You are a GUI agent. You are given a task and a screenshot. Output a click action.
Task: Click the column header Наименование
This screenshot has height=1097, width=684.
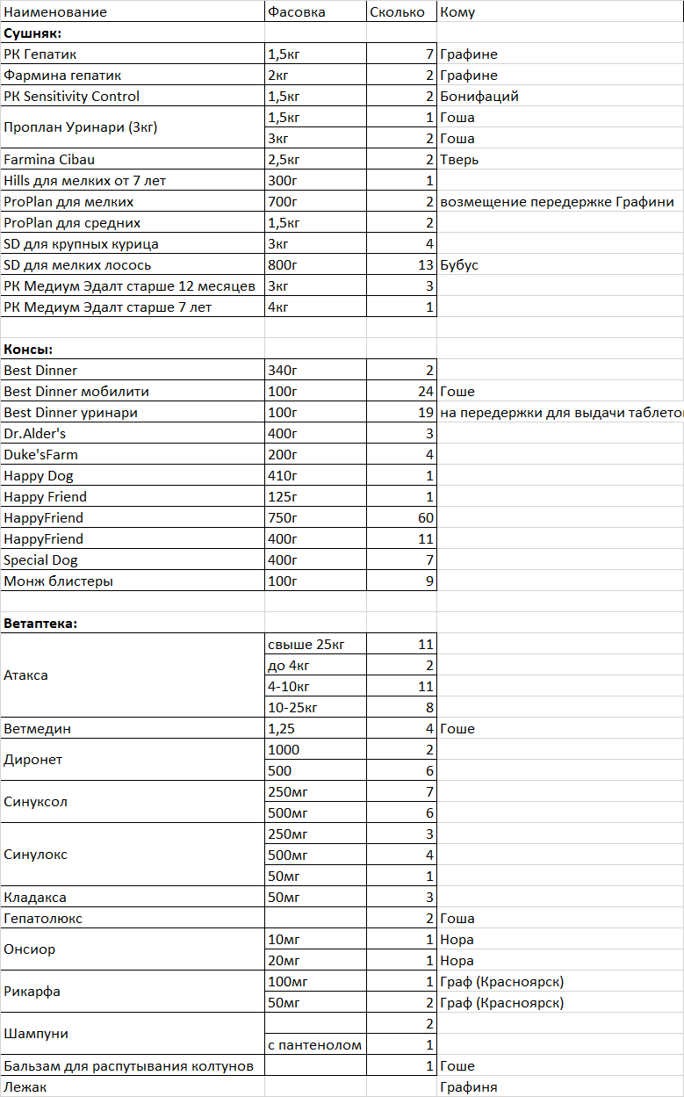click(55, 12)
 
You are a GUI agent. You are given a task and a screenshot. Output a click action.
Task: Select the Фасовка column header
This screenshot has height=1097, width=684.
click(296, 12)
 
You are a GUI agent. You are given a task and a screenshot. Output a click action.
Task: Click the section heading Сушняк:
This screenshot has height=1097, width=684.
click(32, 33)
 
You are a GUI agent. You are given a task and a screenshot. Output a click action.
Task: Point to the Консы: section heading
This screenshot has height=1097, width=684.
click(28, 350)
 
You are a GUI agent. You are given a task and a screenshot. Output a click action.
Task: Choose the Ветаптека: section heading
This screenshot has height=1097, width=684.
click(40, 624)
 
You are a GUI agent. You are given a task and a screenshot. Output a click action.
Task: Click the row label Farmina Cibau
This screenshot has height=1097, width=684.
click(49, 160)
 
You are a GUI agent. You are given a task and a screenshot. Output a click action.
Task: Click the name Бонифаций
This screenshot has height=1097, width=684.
click(479, 97)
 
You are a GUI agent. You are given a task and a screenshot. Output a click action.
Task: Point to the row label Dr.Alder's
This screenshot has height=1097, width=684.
click(35, 434)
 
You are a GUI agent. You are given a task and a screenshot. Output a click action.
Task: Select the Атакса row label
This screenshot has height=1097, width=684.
click(26, 675)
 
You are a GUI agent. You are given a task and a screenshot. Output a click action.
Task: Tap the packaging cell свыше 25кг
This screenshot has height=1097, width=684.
click(306, 645)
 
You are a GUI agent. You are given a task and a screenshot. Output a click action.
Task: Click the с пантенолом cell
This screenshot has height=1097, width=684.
click(314, 1045)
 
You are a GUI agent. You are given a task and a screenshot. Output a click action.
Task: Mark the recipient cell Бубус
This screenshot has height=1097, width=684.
click(459, 265)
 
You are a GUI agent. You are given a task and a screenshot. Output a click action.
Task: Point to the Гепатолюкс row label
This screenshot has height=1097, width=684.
click(43, 919)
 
